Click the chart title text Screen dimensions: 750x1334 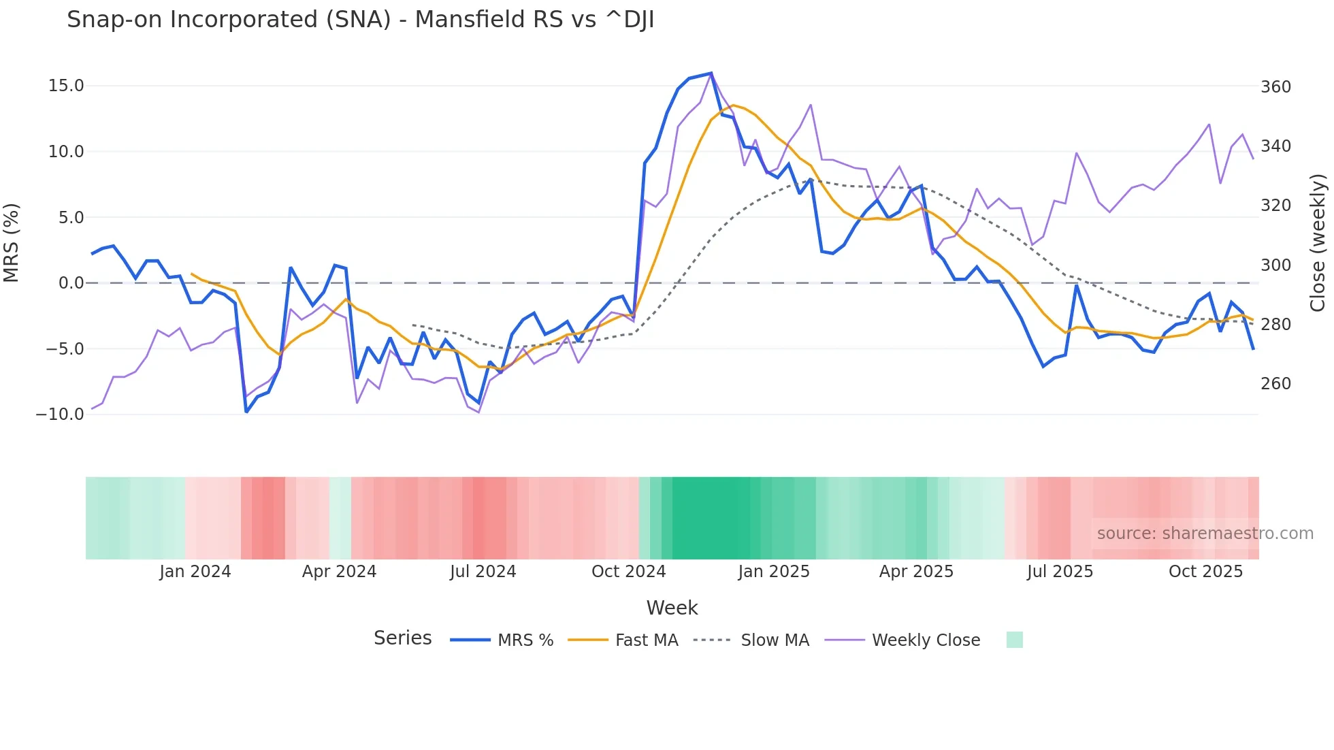pyautogui.click(x=360, y=20)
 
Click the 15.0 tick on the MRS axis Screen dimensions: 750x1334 pyautogui.click(x=66, y=86)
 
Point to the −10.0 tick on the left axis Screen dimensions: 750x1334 pyautogui.click(x=60, y=414)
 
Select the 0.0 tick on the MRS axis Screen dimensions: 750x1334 pyautogui.click(x=71, y=283)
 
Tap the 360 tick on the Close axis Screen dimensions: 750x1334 pyautogui.click(x=1275, y=87)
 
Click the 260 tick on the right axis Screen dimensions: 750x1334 pyautogui.click(x=1275, y=384)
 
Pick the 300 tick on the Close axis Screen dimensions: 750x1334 pyautogui.click(x=1275, y=265)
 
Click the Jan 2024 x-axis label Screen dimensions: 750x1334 pyautogui.click(x=195, y=572)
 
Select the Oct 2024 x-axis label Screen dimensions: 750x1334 pyautogui.click(x=628, y=572)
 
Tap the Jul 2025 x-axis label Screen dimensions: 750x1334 pyautogui.click(x=1060, y=572)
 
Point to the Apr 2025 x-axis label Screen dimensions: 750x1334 pyautogui.click(x=916, y=572)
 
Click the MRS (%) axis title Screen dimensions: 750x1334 pyautogui.click(x=12, y=242)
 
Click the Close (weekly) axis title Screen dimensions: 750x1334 pyautogui.click(x=1318, y=242)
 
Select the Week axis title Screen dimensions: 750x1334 pyautogui.click(x=672, y=608)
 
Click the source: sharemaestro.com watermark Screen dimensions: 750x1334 pyautogui.click(x=1205, y=534)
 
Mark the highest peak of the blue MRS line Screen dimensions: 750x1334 pyautogui.click(x=711, y=73)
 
